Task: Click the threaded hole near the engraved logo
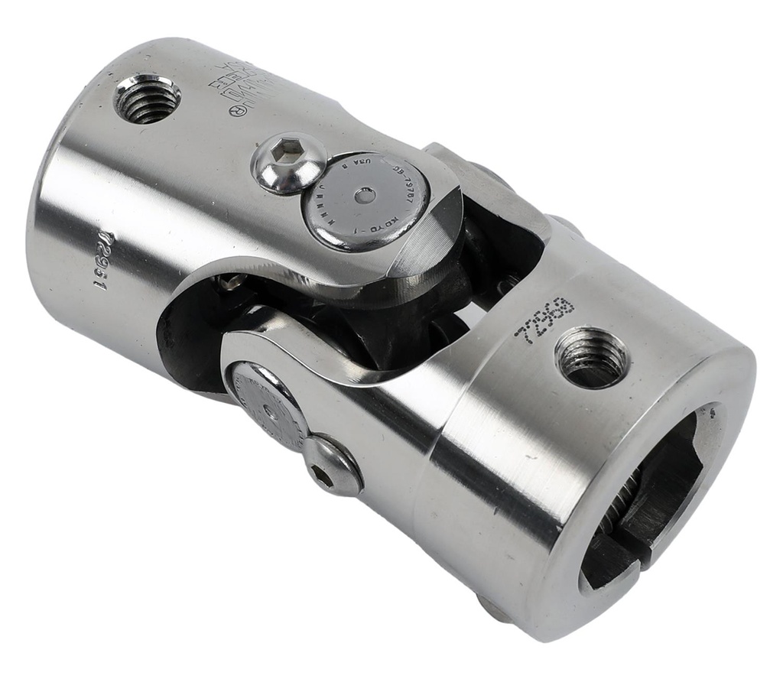[148, 98]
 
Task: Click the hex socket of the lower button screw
[323, 477]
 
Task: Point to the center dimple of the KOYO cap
[366, 196]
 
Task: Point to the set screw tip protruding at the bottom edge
[492, 608]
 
